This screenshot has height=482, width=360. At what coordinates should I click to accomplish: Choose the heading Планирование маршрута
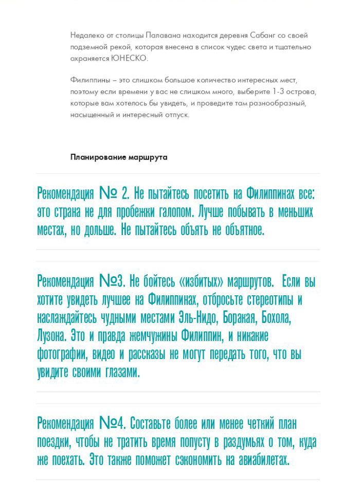click(119, 157)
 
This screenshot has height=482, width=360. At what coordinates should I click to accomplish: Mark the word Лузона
click(51, 336)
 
